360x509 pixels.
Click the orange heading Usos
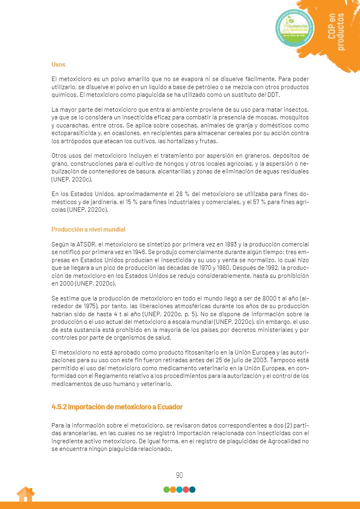point(58,65)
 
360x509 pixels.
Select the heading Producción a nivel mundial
point(88,229)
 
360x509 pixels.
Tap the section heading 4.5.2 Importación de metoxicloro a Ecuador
point(117,407)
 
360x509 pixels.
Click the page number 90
point(180,475)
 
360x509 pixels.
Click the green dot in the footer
point(166,490)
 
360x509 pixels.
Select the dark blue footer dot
point(193,490)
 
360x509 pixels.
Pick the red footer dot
point(186,490)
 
